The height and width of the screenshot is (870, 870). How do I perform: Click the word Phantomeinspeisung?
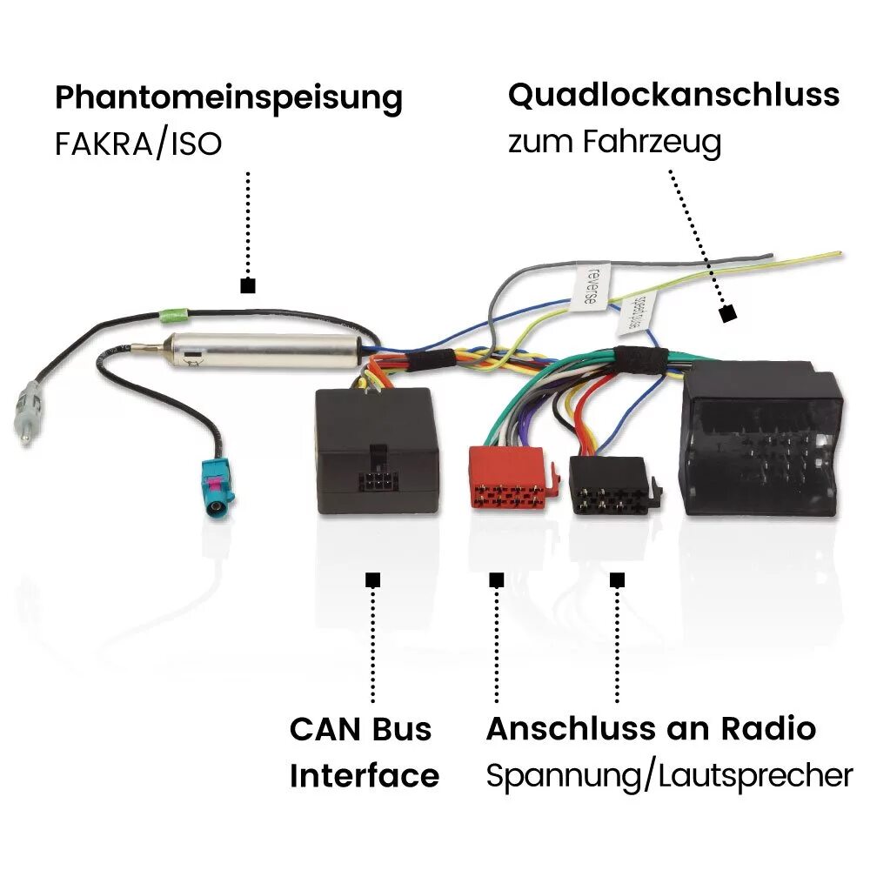coord(229,97)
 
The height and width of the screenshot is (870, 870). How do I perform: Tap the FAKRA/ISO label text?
coord(138,144)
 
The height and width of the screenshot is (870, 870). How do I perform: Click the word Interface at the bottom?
coord(364,775)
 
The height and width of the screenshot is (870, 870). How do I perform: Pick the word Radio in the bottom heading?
coord(772,729)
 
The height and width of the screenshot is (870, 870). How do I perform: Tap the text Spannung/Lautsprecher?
coord(668,775)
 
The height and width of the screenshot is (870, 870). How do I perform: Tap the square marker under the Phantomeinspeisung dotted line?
coord(248,285)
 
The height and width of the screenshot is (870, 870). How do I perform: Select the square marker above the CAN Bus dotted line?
coord(373,579)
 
